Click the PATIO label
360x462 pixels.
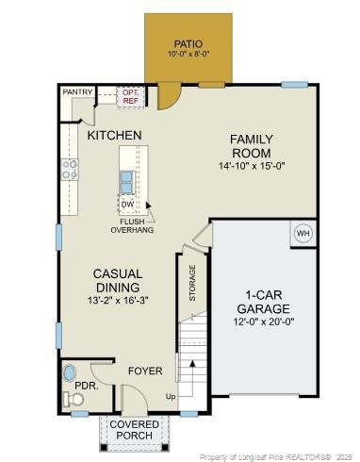(188, 43)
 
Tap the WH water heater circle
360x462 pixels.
(303, 233)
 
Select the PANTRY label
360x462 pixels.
(76, 92)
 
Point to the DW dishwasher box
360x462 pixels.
(127, 204)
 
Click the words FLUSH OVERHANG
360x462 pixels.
(132, 224)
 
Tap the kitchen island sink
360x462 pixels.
(125, 178)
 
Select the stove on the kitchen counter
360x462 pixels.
(70, 169)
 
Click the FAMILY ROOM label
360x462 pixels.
(252, 146)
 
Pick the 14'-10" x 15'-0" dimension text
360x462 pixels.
(252, 167)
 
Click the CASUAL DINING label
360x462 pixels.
(117, 280)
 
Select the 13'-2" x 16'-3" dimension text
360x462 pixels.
(117, 301)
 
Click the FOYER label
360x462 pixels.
(146, 371)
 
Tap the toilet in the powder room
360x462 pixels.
(74, 399)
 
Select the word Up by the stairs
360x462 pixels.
(171, 396)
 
